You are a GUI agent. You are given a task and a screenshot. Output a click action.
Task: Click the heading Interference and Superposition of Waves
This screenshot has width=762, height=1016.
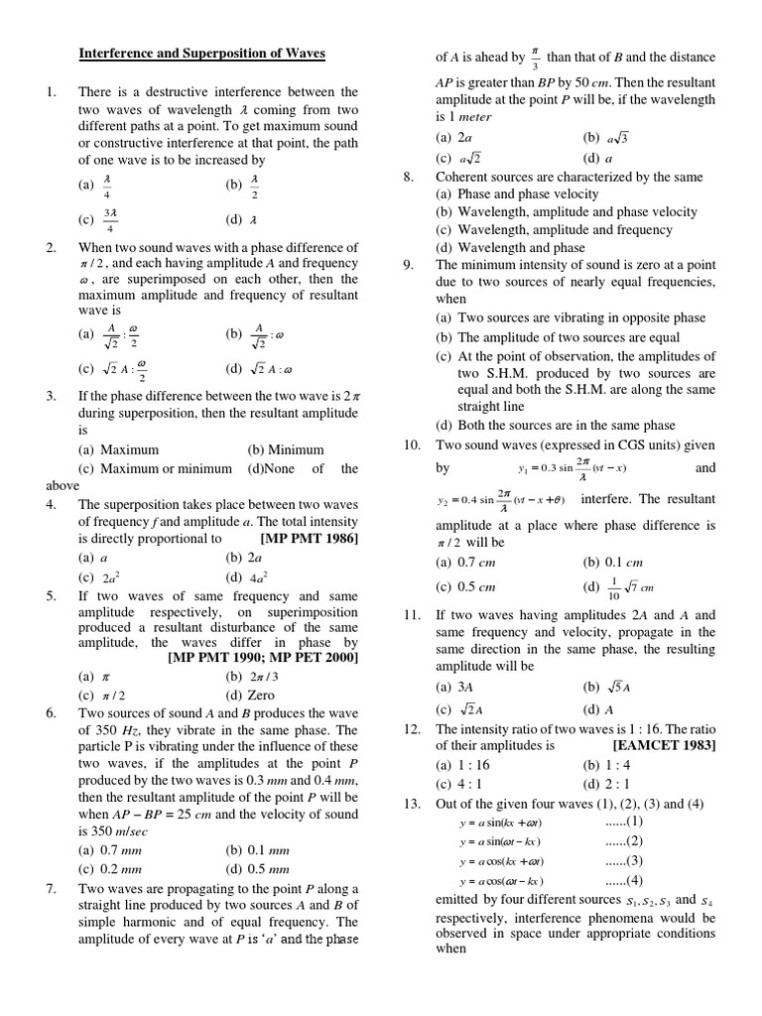[x=201, y=53]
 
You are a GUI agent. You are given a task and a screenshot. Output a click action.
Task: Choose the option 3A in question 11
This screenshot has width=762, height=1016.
[x=461, y=687]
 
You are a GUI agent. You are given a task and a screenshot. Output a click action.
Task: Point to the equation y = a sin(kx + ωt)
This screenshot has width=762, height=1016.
[x=501, y=823]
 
